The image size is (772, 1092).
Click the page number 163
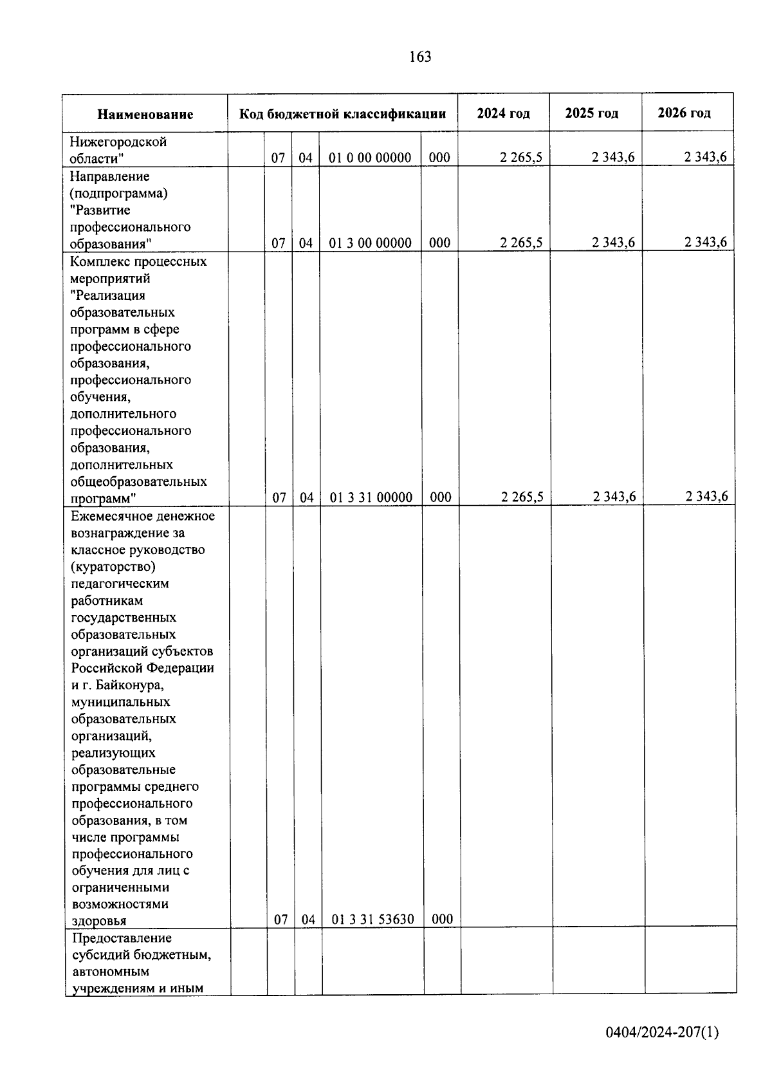419,57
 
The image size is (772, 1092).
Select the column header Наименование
145,115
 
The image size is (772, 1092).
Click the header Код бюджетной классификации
342,114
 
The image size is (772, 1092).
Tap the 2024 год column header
503,113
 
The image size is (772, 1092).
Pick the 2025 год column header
591,113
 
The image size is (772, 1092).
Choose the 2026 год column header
684,113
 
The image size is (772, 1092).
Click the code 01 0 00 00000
370,158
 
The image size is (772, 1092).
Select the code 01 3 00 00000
370,243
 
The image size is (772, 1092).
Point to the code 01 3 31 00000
371,497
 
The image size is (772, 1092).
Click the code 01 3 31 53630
372,919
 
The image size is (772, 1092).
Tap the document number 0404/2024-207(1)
662,1033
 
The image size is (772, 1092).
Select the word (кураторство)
113,567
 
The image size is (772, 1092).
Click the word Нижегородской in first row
118,142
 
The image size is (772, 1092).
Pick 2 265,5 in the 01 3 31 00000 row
522,497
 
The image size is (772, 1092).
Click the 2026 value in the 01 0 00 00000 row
705,158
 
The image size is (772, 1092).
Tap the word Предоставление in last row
122,938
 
